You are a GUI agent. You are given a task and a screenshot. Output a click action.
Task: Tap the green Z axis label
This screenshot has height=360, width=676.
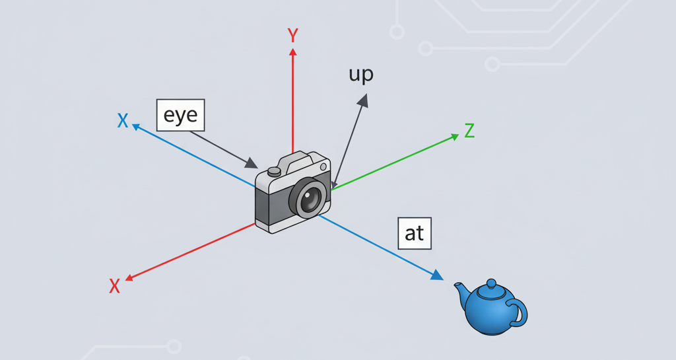click(469, 131)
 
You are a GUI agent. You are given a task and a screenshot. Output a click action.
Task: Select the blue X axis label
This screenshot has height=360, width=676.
click(122, 120)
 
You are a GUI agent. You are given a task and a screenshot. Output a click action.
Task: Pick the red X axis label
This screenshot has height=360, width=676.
click(114, 285)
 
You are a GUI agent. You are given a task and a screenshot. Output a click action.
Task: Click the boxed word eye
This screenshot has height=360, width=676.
click(181, 116)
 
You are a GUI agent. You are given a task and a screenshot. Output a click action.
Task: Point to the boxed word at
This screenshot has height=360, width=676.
click(415, 233)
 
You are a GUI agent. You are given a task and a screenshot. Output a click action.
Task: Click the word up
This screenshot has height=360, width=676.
click(361, 74)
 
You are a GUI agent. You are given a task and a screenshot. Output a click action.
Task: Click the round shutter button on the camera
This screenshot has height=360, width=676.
click(274, 171)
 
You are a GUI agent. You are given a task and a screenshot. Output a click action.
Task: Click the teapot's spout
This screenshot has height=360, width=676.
click(460, 289)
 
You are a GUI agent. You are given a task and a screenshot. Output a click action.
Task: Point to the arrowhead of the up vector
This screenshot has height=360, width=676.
click(363, 99)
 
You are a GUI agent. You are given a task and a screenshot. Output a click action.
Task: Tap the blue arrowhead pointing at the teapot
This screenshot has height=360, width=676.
click(436, 275)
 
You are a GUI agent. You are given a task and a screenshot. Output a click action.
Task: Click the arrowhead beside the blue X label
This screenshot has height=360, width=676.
click(136, 126)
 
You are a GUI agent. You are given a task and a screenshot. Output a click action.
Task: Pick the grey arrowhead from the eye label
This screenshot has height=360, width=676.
click(251, 163)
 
